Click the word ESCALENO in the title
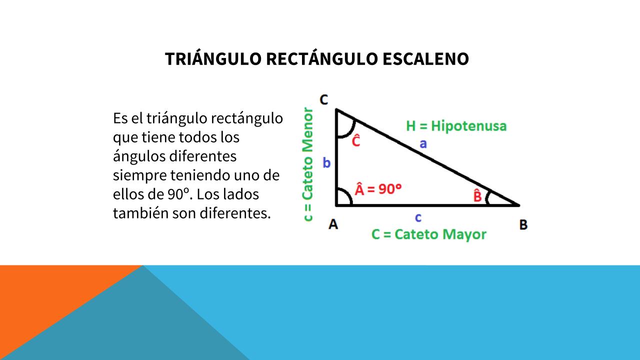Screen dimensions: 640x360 (425, 59)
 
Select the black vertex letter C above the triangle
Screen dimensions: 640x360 (323, 99)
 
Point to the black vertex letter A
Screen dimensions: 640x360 (333, 224)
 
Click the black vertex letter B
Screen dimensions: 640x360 (523, 224)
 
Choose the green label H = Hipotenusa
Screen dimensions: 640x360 (456, 126)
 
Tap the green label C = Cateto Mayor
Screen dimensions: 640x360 (428, 234)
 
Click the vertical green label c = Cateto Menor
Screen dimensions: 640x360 (307, 164)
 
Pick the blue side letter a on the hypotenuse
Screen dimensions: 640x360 (423, 143)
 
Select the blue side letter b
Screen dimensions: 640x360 (326, 162)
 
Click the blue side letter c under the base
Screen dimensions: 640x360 (418, 217)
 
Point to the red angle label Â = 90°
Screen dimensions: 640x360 (378, 189)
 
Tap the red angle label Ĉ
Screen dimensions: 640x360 (355, 140)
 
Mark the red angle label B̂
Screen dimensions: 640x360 (477, 195)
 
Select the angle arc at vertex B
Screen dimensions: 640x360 (487, 198)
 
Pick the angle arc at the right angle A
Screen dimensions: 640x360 (347, 194)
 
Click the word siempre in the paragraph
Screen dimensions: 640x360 (139, 175)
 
